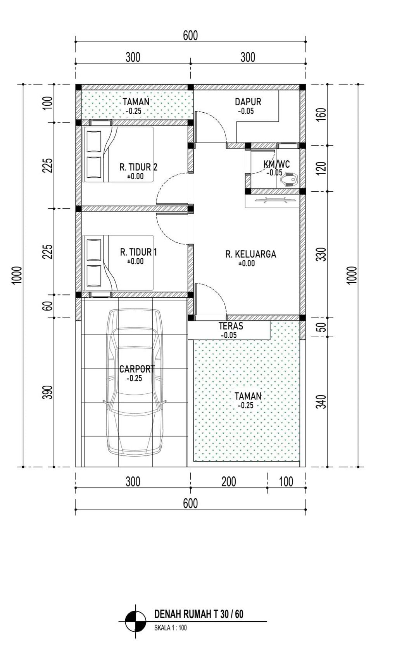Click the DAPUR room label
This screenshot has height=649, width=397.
click(x=248, y=102)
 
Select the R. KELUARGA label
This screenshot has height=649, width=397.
click(x=251, y=254)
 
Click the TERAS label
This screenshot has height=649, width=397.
click(x=231, y=326)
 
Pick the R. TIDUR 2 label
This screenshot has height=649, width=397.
click(x=138, y=167)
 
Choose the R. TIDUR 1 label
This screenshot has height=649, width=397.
click(x=138, y=252)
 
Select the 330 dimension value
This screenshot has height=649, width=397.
click(x=321, y=254)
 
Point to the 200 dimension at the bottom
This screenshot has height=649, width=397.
click(x=229, y=482)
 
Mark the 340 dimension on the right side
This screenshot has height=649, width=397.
click(x=321, y=402)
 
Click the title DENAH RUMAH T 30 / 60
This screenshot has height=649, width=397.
click(x=198, y=614)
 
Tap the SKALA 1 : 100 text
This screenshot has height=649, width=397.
click(x=171, y=628)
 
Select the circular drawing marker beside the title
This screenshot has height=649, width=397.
click(x=135, y=621)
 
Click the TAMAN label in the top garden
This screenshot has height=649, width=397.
click(x=136, y=102)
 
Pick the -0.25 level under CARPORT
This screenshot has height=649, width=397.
click(x=134, y=378)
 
